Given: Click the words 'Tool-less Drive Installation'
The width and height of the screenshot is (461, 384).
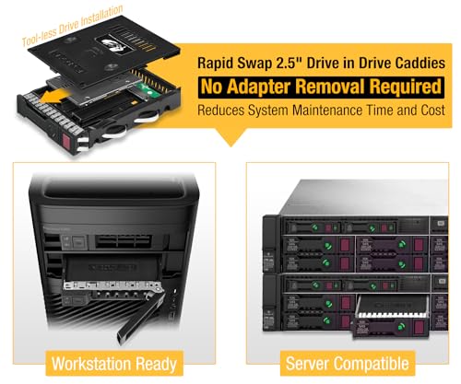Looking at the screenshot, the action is tap(73, 25).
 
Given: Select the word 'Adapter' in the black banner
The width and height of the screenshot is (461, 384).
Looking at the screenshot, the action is tap(259, 87).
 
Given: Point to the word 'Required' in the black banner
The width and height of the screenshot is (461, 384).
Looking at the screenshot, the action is tap(405, 87).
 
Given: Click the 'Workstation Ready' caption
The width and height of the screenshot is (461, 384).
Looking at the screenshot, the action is tap(114, 364).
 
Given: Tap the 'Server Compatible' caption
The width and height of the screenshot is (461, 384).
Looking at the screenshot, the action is tap(348, 364).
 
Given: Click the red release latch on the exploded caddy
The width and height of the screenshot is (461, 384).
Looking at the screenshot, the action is tap(66, 141).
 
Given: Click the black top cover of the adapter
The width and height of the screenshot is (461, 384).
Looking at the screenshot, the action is tap(104, 52).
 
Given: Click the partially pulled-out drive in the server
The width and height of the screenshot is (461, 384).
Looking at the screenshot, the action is tap(392, 316).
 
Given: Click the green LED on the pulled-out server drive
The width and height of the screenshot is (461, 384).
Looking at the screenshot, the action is tap(401, 327).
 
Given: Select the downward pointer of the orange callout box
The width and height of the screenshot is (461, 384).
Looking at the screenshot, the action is tap(231, 137).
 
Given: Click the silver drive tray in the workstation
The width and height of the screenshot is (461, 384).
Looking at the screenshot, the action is tap(112, 286).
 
